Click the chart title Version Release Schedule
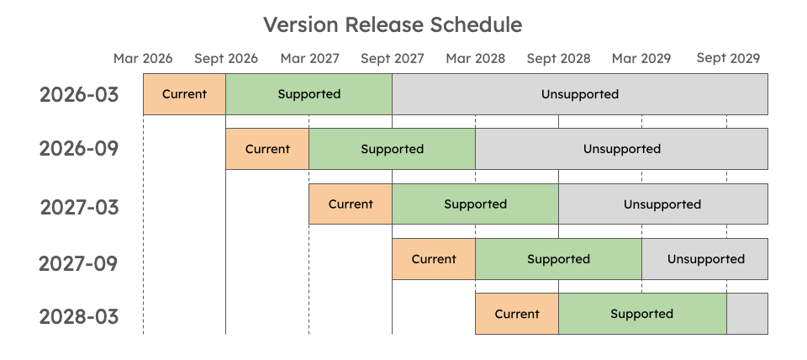(393, 24)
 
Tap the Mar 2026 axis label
(143, 58)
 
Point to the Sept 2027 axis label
(393, 58)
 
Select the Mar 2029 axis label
(641, 58)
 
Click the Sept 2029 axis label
(728, 58)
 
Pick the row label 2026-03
(79, 94)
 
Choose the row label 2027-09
(79, 263)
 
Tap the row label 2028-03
(79, 317)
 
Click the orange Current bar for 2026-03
(184, 94)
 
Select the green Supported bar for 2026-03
(309, 94)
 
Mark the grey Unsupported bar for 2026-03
(579, 94)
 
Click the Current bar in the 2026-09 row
(267, 149)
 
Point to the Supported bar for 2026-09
(392, 149)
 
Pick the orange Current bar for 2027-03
(351, 204)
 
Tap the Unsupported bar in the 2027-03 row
(662, 204)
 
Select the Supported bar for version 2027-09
(558, 259)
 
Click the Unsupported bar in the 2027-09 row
(705, 259)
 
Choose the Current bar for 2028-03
(517, 314)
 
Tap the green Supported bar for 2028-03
(642, 314)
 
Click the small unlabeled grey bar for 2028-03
(747, 314)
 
